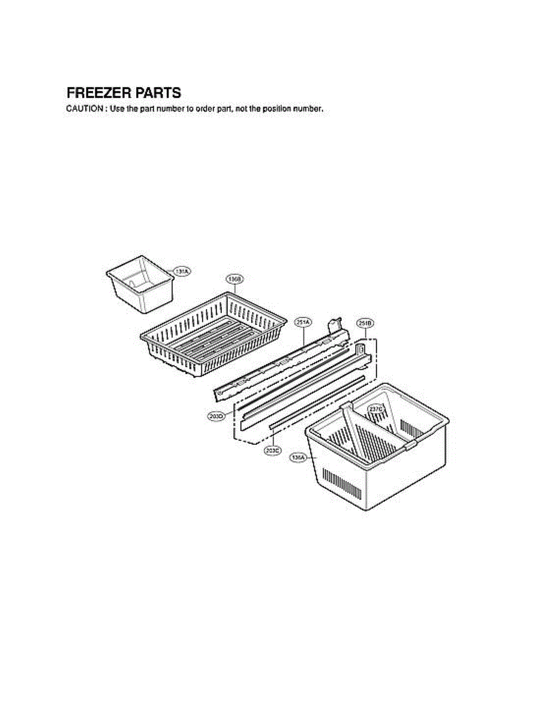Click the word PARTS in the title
157,93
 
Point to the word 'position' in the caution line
279,109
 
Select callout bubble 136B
235,279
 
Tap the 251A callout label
303,322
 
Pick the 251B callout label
365,323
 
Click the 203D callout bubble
217,415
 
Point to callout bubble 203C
272,449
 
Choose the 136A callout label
298,457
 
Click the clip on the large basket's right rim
410,445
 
